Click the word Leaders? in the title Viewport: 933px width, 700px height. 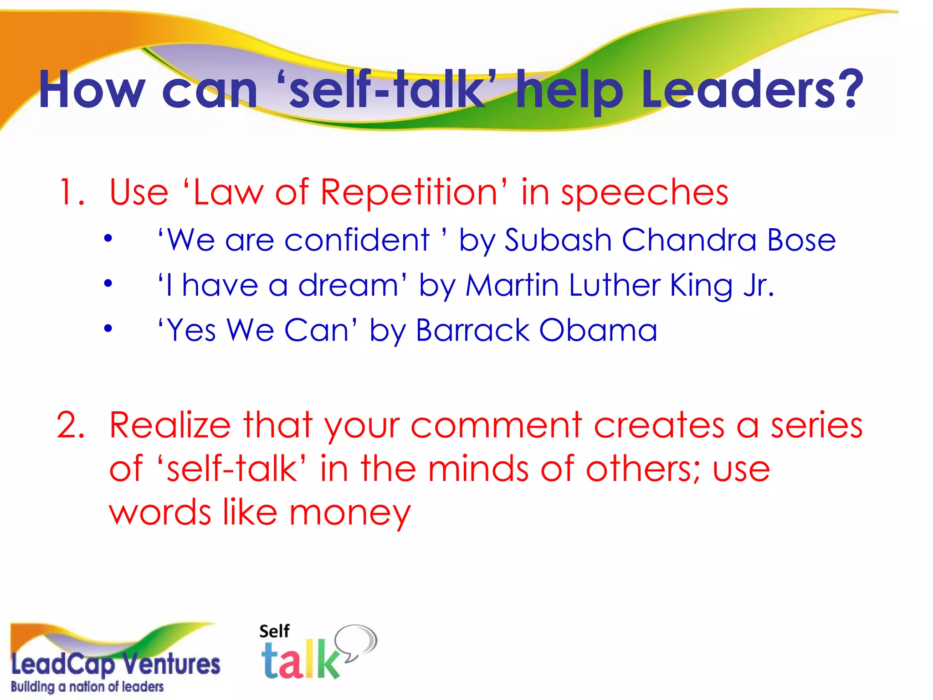(752, 90)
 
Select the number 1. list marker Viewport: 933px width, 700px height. (72, 193)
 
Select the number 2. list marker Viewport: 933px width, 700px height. (71, 425)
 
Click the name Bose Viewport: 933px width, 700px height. (801, 240)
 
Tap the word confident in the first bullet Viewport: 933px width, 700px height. (357, 240)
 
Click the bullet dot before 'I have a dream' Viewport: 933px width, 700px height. (108, 283)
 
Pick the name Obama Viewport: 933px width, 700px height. (598, 330)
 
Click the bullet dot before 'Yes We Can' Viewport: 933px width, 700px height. (108, 328)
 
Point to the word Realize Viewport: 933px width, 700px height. (170, 425)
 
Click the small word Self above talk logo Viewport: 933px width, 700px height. (274, 632)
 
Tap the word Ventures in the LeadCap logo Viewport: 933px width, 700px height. (173, 664)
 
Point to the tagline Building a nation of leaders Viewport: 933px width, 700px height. (87, 687)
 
